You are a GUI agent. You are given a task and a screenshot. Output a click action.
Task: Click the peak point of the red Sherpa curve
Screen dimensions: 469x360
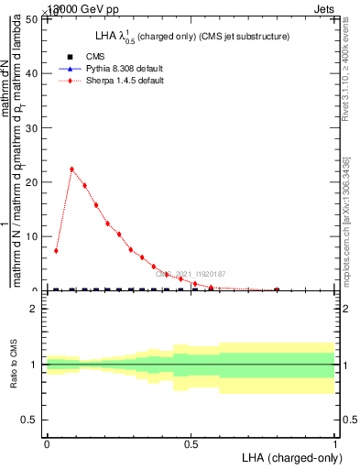(71, 169)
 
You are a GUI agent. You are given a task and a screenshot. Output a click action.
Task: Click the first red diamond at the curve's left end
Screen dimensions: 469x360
(57, 250)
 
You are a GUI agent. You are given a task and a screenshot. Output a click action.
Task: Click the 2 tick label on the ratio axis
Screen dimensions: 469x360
(35, 310)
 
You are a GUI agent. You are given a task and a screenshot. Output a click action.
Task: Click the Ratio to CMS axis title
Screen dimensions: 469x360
(14, 365)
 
